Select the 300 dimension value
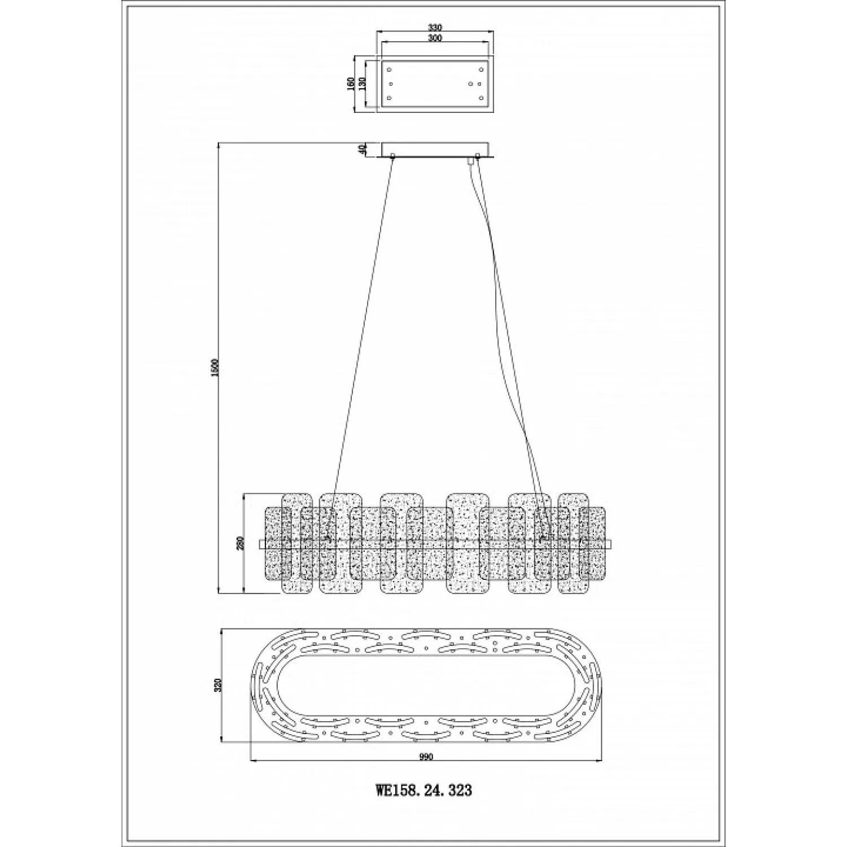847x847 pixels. (434, 38)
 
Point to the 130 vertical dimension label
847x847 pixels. (363, 83)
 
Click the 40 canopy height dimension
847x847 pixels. (363, 149)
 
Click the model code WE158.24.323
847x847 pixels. (423, 789)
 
